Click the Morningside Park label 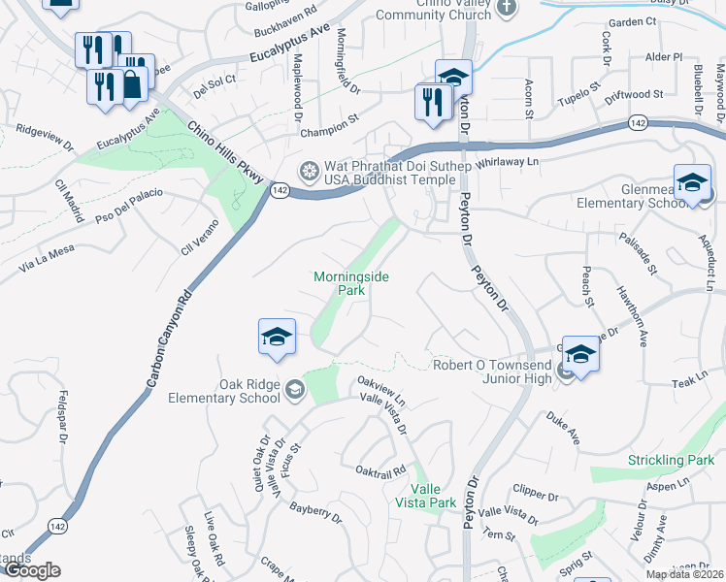click(x=351, y=282)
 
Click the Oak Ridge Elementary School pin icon click(x=293, y=390)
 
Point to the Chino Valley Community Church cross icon click(x=505, y=8)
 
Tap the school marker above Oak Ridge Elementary click(x=277, y=337)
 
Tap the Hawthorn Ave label click(x=631, y=317)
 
